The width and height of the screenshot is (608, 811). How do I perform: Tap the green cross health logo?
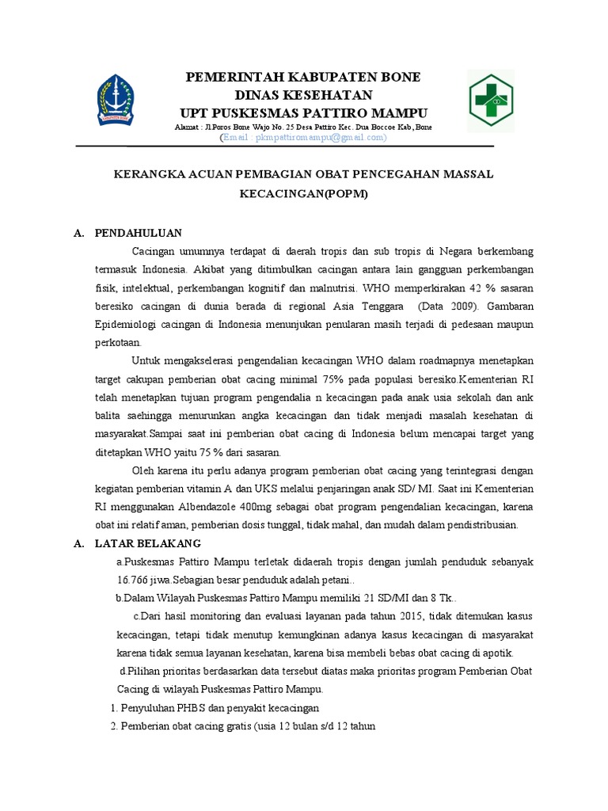coord(491,100)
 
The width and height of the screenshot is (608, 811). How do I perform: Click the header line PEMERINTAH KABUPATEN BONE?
coord(302,77)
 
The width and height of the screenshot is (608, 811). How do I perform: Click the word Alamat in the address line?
coord(188,127)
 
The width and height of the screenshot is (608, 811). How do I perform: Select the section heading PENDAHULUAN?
coord(139,233)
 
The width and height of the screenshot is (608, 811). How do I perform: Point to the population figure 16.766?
coord(132,580)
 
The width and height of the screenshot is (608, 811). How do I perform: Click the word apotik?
coord(497,653)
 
